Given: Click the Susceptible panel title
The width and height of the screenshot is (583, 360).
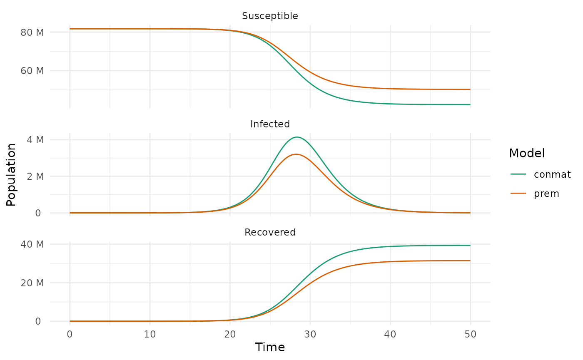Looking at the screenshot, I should pyautogui.click(x=270, y=16).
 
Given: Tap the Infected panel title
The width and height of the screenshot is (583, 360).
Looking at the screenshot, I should pyautogui.click(x=270, y=124).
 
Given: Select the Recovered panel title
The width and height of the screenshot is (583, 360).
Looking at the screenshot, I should pyautogui.click(x=270, y=232).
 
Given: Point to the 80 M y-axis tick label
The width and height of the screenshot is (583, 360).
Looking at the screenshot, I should pyautogui.click(x=32, y=32).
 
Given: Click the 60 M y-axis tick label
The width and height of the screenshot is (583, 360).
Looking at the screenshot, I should pyautogui.click(x=32, y=71).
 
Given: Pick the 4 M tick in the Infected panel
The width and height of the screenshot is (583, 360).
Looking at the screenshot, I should pyautogui.click(x=35, y=139).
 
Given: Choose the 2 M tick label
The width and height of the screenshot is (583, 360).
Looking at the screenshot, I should pyautogui.click(x=35, y=176).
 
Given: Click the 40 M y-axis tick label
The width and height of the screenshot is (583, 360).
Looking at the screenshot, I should pyautogui.click(x=32, y=244).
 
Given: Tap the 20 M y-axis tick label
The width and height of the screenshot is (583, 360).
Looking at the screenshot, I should pyautogui.click(x=32, y=283).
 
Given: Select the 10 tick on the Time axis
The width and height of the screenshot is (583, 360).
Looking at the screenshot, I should pyautogui.click(x=150, y=334).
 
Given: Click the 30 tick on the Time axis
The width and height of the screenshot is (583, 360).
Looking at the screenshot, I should pyautogui.click(x=310, y=334).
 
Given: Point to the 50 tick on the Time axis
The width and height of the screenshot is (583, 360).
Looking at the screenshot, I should pyautogui.click(x=470, y=334).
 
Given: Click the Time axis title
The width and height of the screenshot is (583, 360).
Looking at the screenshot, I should pyautogui.click(x=270, y=348).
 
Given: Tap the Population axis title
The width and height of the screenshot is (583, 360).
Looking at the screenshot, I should pyautogui.click(x=11, y=174).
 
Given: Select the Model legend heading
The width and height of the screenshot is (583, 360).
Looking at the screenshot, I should pyautogui.click(x=527, y=153).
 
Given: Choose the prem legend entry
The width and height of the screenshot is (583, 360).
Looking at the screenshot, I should pyautogui.click(x=546, y=194).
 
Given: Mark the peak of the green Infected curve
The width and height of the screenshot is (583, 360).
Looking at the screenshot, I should pyautogui.click(x=296, y=137).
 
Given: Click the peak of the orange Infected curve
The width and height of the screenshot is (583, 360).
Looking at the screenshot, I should pyautogui.click(x=296, y=154).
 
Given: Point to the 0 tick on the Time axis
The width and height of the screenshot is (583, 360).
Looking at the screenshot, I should pyautogui.click(x=70, y=334).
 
